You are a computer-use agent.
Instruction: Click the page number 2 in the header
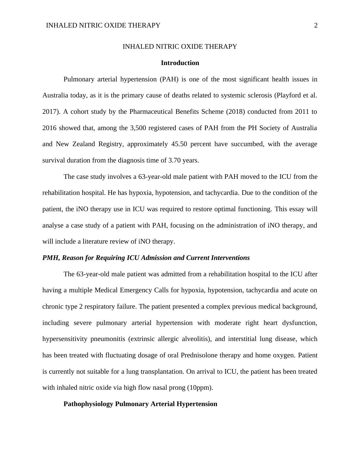(x=316, y=25)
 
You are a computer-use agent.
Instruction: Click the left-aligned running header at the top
(x=103, y=25)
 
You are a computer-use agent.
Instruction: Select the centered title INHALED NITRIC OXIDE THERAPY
(x=180, y=47)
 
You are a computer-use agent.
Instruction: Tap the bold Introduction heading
(x=180, y=63)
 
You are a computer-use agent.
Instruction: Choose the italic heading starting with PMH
(x=146, y=258)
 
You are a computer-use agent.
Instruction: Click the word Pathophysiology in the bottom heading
(x=88, y=404)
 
